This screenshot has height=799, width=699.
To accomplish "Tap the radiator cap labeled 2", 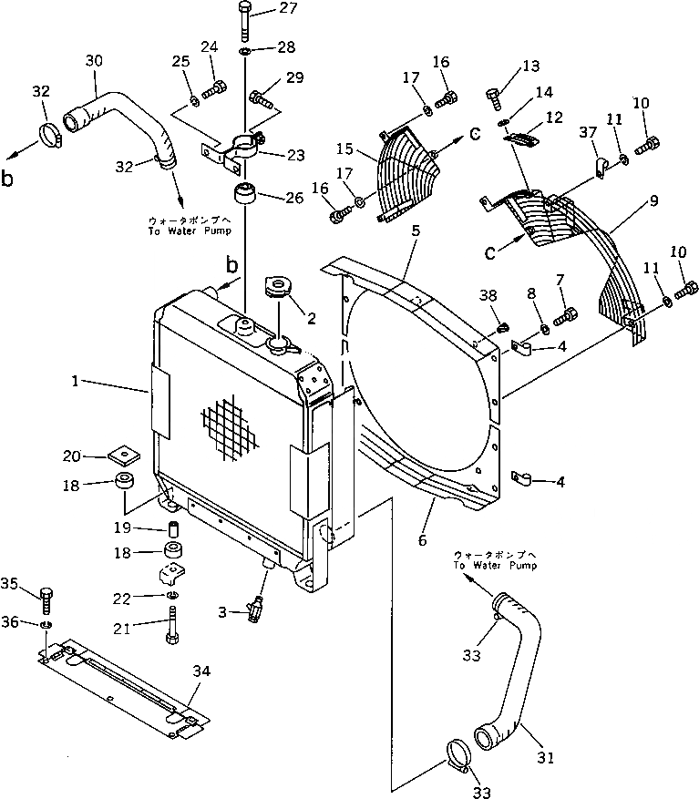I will [277, 288].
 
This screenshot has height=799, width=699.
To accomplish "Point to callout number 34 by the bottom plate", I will [202, 671].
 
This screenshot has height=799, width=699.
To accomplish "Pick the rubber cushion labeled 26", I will [242, 195].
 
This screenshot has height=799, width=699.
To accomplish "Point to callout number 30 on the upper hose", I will [94, 61].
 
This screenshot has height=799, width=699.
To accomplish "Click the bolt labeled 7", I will [567, 316].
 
